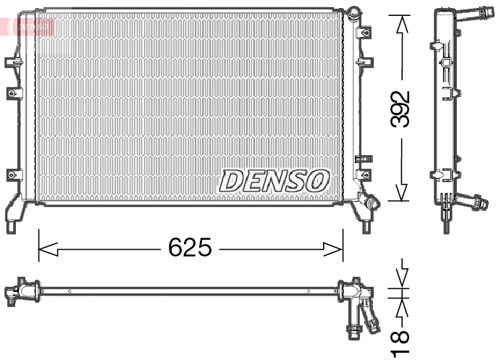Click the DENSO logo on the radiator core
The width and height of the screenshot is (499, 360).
[274, 180]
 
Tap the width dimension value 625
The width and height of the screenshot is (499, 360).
[190, 248]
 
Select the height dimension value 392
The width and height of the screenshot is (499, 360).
[400, 109]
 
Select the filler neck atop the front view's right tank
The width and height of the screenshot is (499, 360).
[353, 13]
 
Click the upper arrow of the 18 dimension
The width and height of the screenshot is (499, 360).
[401, 276]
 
